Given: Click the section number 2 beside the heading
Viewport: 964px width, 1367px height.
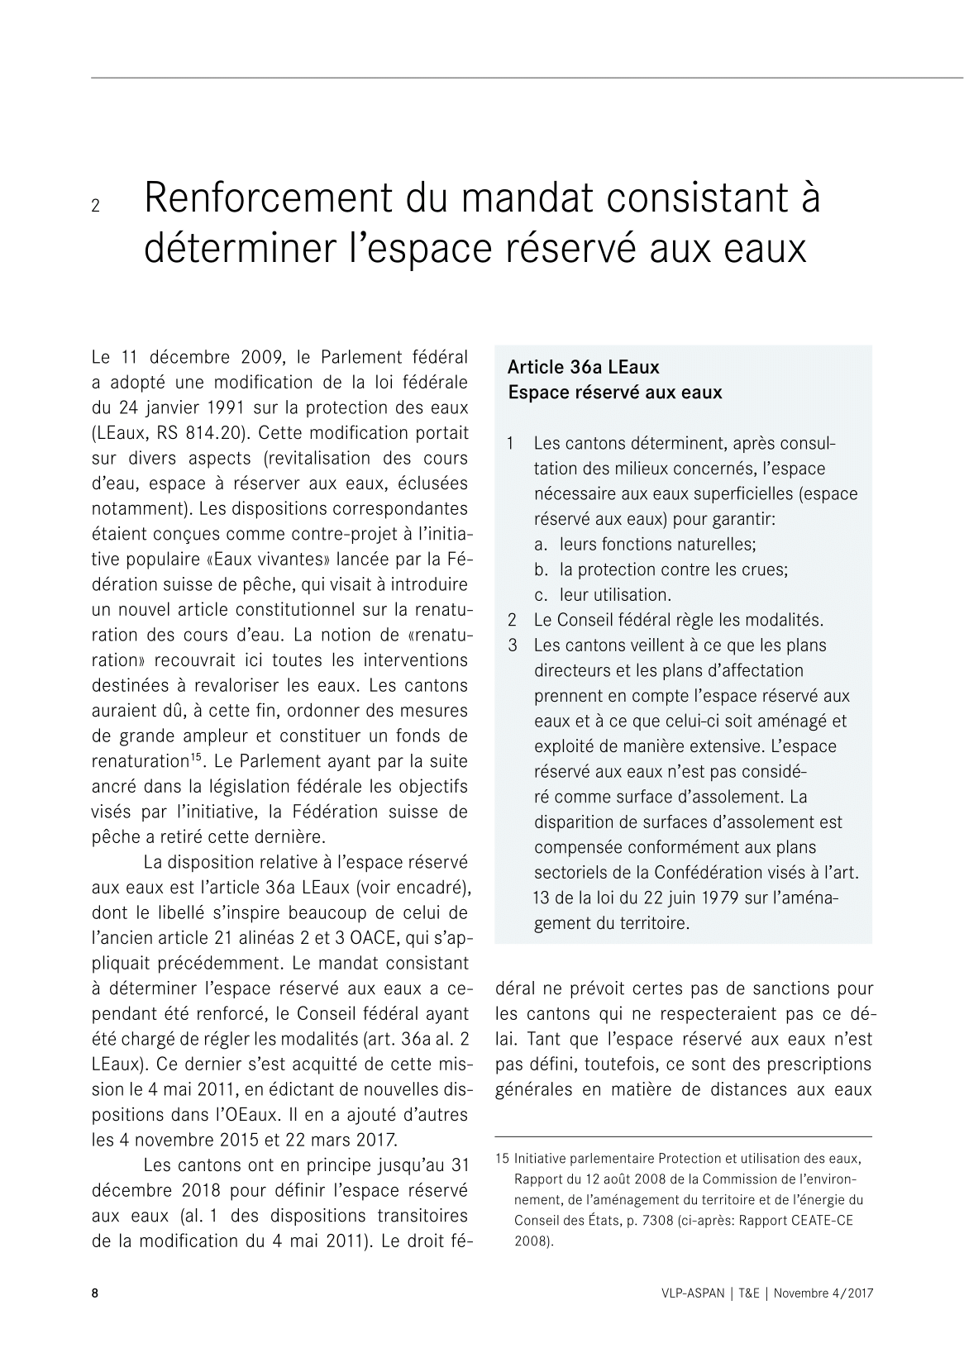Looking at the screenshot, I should coord(95,206).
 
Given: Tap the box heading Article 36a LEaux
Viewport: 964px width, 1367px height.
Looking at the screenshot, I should coord(583,367).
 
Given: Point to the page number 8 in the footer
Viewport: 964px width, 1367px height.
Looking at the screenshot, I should coord(94,1293).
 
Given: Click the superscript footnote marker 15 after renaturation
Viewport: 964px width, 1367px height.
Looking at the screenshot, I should coord(198,755).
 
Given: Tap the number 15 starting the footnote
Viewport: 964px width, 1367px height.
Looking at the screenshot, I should coord(502,1159).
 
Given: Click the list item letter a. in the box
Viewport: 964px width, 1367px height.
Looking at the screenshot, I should coord(542,545).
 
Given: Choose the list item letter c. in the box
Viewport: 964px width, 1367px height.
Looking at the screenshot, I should coord(542,595).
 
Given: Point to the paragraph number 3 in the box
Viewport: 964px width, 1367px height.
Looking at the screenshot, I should coord(513,645).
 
